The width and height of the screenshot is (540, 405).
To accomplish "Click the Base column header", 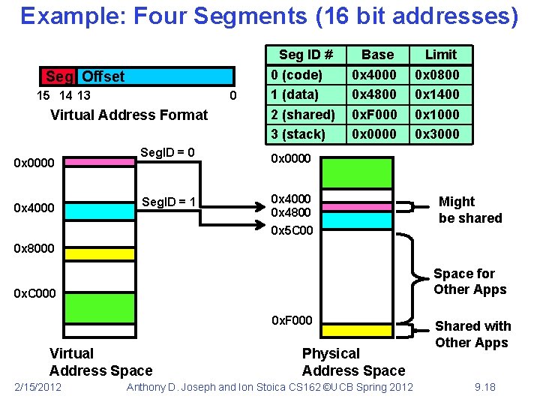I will click(377, 54).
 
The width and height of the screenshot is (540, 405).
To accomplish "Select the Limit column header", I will click(441, 54).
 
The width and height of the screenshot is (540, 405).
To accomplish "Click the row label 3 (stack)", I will click(298, 134).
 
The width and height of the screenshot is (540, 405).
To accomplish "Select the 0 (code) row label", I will click(296, 75).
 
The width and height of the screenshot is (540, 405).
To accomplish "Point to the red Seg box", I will click(59, 76).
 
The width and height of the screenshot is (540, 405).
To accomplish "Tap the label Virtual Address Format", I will click(129, 115).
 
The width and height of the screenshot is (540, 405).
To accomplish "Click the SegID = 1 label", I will click(168, 202).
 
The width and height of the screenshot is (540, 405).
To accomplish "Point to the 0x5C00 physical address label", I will click(292, 231).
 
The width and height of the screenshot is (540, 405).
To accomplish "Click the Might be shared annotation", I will click(470, 210).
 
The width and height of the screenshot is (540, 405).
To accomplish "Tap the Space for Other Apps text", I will click(470, 282).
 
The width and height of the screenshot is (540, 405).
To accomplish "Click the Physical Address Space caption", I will click(353, 361).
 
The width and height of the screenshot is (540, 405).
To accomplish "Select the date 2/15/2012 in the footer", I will click(37, 387).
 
